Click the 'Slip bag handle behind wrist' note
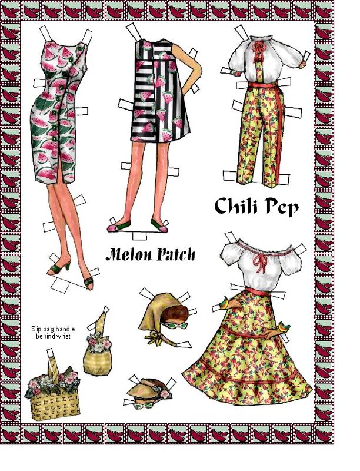coord(53,333)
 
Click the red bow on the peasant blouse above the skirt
coord(260,262)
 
